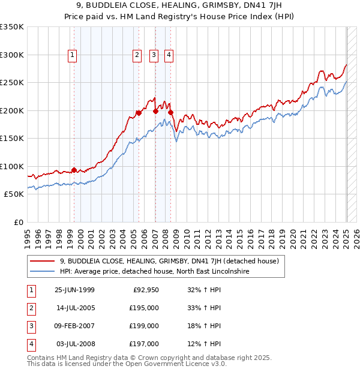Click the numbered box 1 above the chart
point(73,55)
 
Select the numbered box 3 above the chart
point(154,55)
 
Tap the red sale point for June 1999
point(74,170)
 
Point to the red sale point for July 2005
point(139,112)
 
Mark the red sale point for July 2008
point(170,112)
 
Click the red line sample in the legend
point(42,262)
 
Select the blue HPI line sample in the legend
point(42,272)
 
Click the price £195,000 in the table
point(145,308)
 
